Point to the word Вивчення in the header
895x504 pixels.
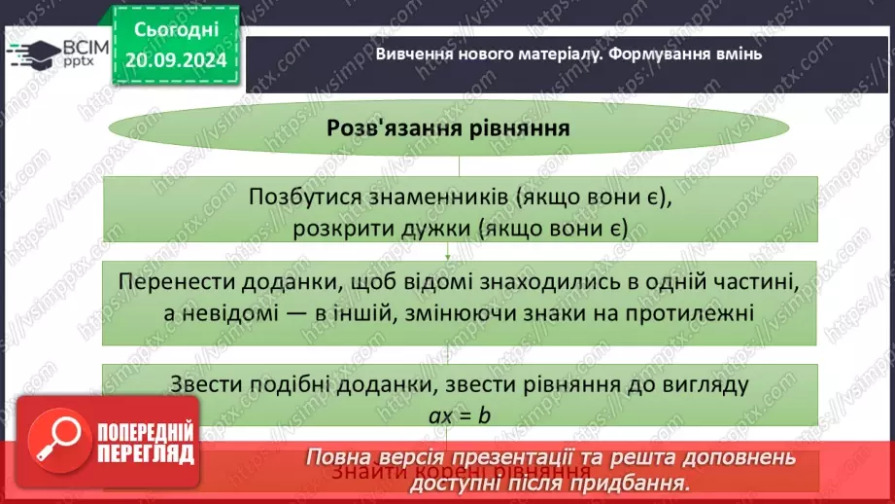coord(409,54)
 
